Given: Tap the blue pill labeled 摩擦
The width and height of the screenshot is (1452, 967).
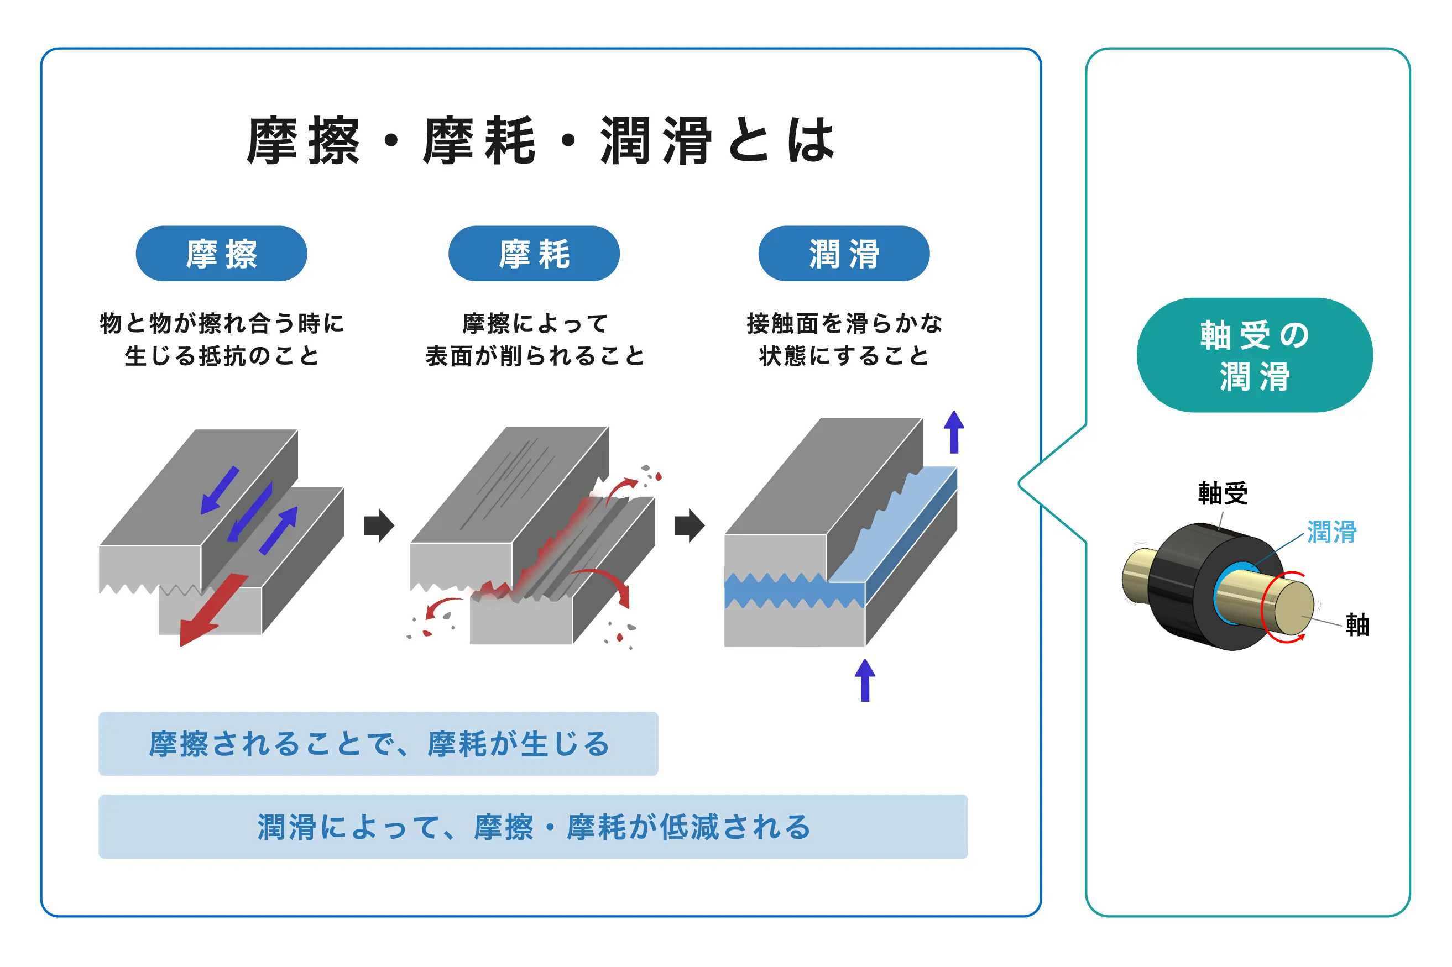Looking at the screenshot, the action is (222, 254).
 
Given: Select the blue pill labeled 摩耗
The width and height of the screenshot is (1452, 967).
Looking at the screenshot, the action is (534, 254).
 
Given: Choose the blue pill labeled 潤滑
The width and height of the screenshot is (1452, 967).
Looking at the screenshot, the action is (844, 254).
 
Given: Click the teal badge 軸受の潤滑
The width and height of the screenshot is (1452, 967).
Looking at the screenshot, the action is (1254, 355).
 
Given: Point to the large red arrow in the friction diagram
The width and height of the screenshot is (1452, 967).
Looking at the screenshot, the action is (213, 609).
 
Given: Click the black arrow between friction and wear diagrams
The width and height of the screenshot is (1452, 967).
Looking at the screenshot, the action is (379, 525).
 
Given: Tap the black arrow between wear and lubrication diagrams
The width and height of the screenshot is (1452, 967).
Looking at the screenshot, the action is (690, 525).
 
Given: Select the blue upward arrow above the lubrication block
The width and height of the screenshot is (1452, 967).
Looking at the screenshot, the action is (954, 432).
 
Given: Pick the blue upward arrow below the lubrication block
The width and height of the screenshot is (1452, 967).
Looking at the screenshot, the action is (865, 680).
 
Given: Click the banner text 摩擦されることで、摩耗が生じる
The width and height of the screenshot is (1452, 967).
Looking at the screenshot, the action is (379, 744).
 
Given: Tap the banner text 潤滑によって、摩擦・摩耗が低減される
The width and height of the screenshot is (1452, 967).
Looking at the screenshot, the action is (534, 827).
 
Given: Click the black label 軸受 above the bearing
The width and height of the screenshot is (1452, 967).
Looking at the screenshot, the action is (1223, 493).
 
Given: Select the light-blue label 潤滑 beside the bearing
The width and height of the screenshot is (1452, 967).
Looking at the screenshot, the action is (1331, 532).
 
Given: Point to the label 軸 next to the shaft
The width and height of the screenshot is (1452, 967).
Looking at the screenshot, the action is (1357, 625).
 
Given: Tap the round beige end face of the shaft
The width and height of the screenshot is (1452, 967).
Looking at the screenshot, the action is (1294, 608).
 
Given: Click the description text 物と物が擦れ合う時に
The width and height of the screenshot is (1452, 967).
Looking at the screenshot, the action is (222, 323).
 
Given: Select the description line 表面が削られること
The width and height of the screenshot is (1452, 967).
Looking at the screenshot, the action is (534, 356).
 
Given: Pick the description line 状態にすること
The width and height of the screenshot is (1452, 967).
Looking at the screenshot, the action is (844, 356).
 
